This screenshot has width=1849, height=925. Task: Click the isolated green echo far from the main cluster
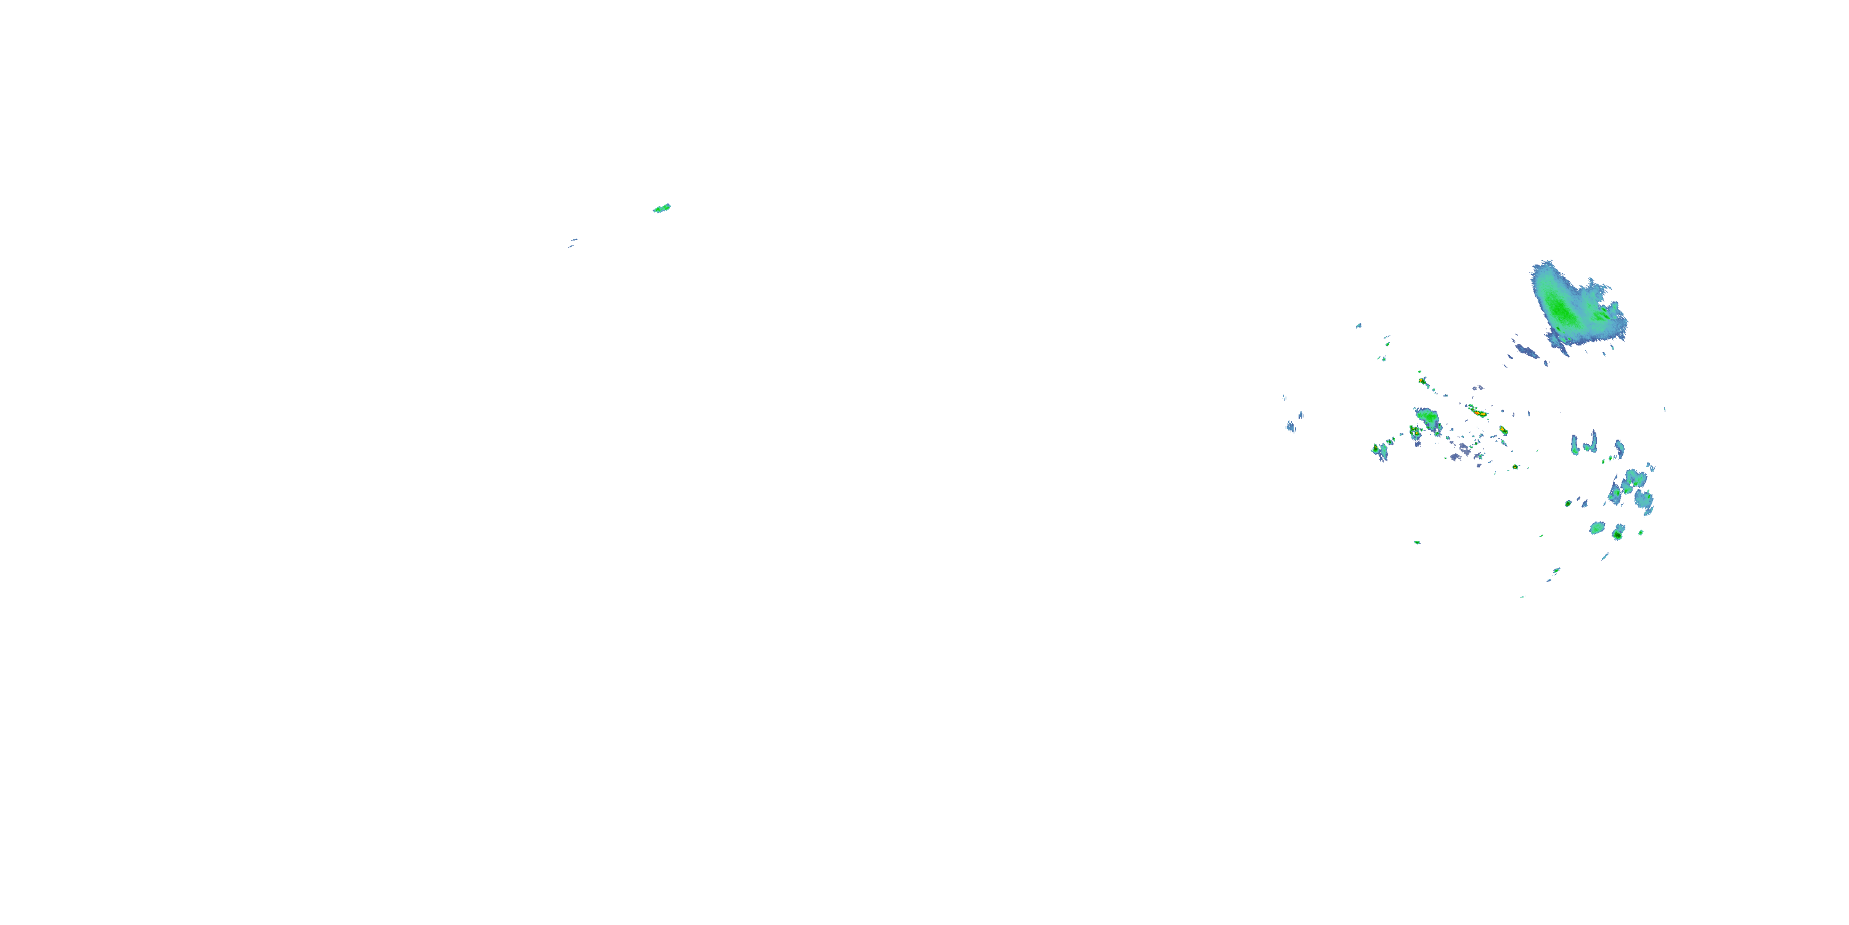tap(662, 208)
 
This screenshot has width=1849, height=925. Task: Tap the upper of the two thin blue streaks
tap(574, 240)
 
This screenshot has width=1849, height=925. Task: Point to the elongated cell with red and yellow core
tap(1477, 411)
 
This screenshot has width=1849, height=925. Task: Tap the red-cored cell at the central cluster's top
tap(1421, 380)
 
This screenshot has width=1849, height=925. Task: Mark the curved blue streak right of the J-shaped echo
tap(1619, 449)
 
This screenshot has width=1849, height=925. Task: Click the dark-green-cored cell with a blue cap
tap(1618, 533)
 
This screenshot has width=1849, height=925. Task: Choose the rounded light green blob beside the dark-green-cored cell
tap(1597, 528)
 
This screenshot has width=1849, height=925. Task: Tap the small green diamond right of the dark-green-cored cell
tap(1641, 533)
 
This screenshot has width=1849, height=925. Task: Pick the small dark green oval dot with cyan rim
tap(1569, 503)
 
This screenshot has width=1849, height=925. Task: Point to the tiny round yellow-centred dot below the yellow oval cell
tap(1515, 467)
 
